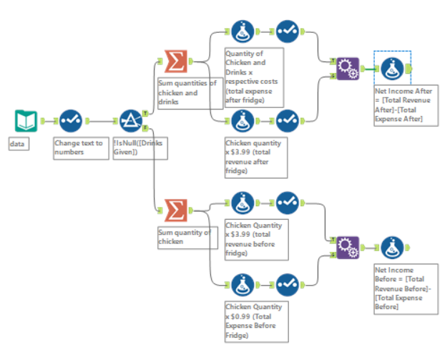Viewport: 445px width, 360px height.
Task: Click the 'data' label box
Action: point(18,144)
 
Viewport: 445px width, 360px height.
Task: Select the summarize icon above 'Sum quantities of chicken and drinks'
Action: point(175,62)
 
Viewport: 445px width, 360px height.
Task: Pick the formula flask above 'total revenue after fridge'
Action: point(243,119)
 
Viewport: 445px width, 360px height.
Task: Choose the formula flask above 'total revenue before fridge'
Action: point(243,202)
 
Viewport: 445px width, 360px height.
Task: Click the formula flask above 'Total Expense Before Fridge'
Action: point(243,284)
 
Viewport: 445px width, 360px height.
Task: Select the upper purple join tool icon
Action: point(347,69)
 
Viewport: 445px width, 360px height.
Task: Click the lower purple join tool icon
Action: point(347,247)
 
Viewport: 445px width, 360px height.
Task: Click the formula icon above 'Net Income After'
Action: point(392,69)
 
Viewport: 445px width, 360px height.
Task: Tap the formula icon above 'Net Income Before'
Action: point(392,247)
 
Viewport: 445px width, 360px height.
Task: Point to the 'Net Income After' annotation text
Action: point(404,105)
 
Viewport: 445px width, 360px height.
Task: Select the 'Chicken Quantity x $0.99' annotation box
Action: point(255,321)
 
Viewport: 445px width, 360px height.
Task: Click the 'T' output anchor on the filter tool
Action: point(146,112)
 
